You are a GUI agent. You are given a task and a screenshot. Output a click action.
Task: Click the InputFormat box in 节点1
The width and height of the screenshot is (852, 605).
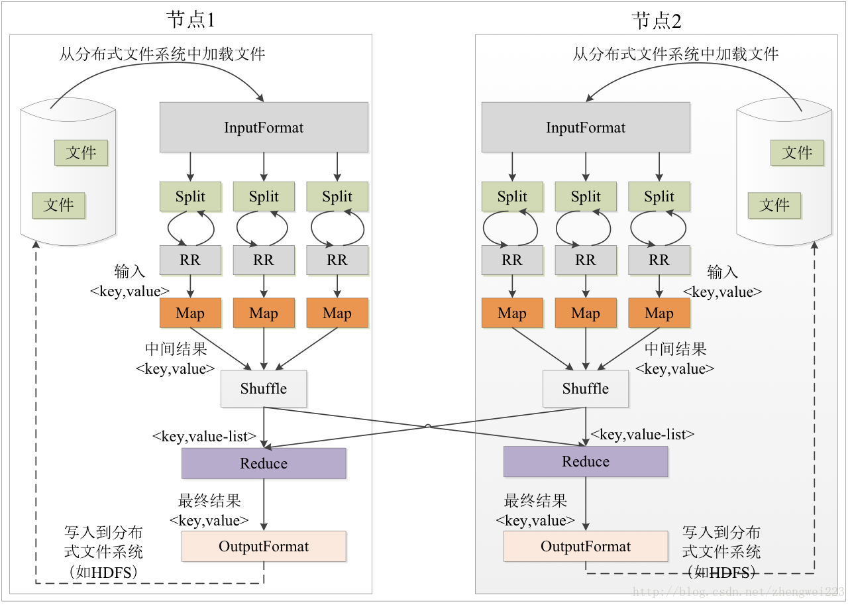264,127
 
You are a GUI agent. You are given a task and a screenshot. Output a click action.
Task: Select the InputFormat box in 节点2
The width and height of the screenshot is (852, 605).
586,127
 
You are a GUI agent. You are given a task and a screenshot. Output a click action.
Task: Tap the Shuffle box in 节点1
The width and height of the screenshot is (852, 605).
264,388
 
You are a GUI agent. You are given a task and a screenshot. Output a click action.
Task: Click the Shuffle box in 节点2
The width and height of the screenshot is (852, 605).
586,388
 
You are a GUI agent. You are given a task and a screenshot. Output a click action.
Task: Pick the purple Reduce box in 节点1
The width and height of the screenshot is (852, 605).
264,463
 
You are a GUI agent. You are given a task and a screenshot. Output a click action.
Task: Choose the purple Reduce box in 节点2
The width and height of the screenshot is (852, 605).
586,461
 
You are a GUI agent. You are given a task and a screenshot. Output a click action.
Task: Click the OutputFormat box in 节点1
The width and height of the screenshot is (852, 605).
264,546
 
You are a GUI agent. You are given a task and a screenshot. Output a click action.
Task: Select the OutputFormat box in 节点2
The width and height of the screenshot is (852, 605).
586,546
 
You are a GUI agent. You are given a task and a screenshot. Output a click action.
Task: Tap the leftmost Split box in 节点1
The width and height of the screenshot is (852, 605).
190,196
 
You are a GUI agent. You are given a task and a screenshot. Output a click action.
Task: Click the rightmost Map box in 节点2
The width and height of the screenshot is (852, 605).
659,313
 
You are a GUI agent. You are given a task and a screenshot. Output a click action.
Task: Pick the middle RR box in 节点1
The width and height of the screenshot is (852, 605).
264,260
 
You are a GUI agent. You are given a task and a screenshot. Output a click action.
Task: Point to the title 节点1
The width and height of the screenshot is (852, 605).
191,20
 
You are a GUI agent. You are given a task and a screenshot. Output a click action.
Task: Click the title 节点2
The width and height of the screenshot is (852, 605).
657,21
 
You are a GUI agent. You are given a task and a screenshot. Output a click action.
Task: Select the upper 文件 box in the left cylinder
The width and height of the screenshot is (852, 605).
81,152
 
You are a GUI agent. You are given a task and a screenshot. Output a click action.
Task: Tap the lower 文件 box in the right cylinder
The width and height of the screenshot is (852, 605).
774,205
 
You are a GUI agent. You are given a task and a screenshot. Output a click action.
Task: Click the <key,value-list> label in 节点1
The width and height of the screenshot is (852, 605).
204,436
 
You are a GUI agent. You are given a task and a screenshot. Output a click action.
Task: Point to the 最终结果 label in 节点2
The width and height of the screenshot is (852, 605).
535,501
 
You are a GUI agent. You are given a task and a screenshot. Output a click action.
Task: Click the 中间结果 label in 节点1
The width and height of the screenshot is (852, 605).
176,349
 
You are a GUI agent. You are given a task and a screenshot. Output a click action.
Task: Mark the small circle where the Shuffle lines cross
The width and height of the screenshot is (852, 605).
428,426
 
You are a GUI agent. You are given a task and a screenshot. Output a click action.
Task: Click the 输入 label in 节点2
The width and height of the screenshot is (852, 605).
723,272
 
